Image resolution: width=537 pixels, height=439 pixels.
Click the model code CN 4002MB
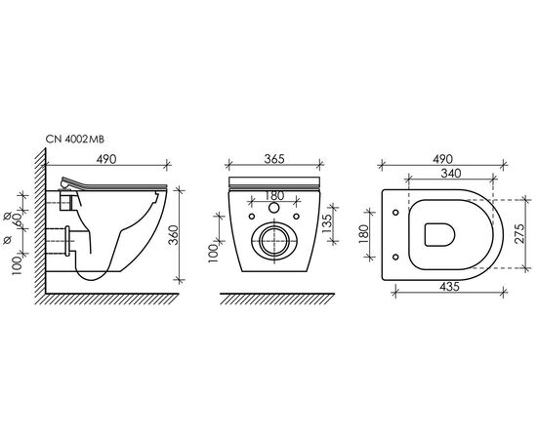75,140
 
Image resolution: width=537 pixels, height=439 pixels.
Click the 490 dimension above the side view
105,159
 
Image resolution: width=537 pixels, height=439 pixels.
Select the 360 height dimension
175,235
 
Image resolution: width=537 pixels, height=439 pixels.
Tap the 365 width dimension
274,159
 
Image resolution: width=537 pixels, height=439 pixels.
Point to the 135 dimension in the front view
327,223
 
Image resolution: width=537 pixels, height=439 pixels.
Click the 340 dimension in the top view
451,174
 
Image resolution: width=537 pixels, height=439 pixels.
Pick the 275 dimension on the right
519,233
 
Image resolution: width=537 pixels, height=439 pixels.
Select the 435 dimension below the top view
449,287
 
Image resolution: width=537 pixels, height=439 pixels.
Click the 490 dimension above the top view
442,159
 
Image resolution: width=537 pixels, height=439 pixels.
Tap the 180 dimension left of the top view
364,234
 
